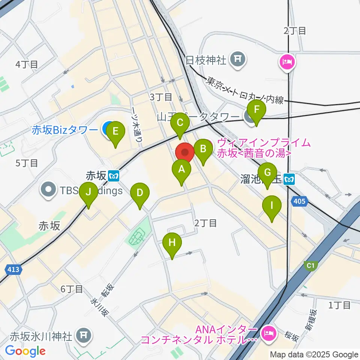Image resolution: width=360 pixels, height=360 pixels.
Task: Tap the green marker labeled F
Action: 256,110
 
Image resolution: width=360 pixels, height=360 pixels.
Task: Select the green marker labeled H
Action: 172,243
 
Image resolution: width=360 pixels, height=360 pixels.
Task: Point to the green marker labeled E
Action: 115,132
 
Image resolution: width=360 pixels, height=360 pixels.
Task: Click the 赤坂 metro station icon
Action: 114,175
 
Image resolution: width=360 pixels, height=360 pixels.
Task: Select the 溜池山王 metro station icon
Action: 289,180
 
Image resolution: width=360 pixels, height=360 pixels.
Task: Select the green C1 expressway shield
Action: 310,266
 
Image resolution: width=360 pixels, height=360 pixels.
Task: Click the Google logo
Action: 25,351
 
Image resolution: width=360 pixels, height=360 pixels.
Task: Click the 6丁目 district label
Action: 72,289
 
